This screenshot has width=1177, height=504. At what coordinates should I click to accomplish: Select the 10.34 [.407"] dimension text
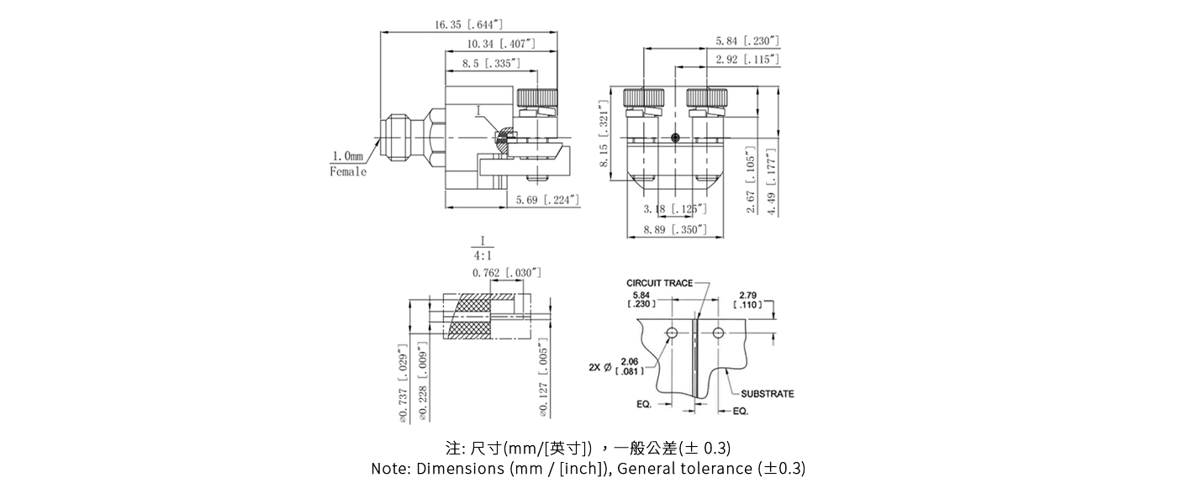pos(500,44)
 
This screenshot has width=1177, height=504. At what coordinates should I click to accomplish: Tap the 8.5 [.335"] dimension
pos(491,64)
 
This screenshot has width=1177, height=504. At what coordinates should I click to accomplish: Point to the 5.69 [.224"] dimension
pos(547,200)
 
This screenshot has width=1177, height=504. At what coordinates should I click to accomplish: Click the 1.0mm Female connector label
pos(348,164)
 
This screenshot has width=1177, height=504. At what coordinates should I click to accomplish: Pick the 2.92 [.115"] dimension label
pos(747,60)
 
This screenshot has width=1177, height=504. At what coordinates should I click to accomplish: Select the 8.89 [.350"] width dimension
pos(675,229)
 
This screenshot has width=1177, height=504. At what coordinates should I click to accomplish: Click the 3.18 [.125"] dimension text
pos(674,208)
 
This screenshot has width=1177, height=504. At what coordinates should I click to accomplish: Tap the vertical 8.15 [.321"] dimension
pos(604,135)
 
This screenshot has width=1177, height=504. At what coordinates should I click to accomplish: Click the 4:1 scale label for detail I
pos(483,255)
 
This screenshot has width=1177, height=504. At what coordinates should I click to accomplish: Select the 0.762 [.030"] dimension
pos(506,273)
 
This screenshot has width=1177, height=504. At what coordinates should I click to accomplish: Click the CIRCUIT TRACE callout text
pos(660,283)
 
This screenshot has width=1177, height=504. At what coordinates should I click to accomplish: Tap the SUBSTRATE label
pos(767,394)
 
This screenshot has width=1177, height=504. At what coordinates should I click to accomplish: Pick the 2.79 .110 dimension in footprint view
pos(749,299)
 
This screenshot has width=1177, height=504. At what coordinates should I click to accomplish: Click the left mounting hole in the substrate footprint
pos(671,334)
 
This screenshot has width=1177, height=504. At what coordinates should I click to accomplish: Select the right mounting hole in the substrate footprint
pos(718,334)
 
